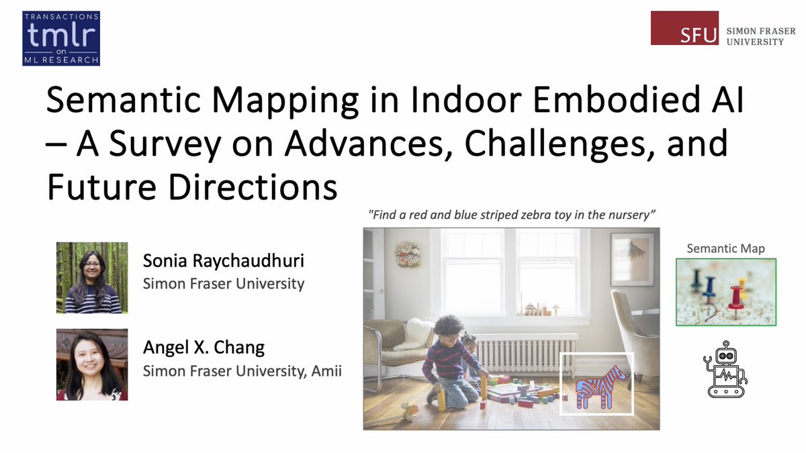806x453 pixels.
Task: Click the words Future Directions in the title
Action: pyautogui.click(x=191, y=187)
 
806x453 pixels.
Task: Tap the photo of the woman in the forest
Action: pyautogui.click(x=91, y=277)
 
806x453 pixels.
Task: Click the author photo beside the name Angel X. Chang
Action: pyautogui.click(x=91, y=364)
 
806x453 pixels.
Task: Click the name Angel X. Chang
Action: pyautogui.click(x=204, y=348)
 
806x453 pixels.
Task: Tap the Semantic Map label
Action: pyautogui.click(x=725, y=248)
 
